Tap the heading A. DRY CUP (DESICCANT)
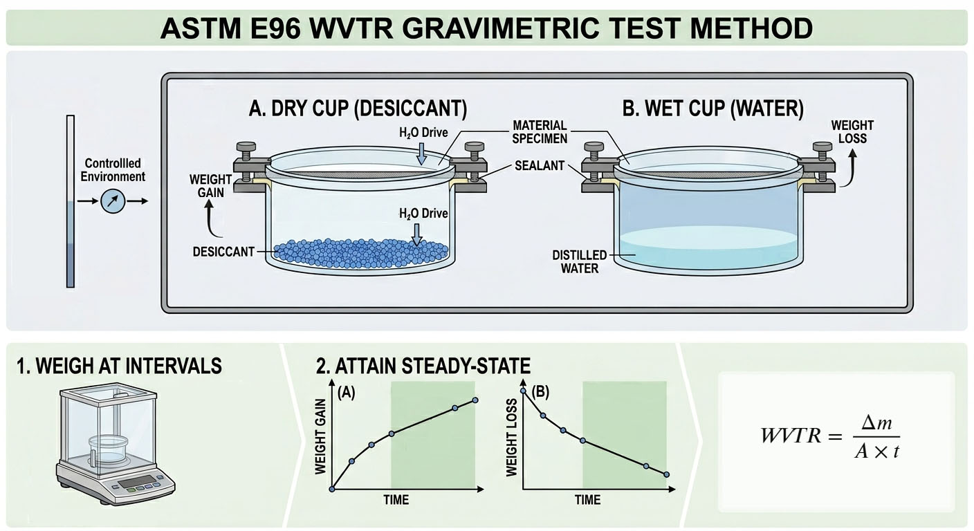[358, 108]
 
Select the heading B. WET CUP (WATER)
[713, 108]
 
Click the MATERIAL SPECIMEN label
[540, 132]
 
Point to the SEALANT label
[540, 165]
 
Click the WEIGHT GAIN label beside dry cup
[210, 186]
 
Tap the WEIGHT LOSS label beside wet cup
[852, 132]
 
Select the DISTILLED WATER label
[580, 261]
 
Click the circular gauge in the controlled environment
[113, 201]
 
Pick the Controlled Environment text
[113, 170]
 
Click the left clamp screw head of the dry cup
[246, 146]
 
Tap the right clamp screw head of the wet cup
[823, 146]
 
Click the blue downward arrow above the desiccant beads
[417, 234]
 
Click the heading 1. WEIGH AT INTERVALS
[119, 366]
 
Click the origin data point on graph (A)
[333, 490]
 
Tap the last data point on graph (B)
[667, 474]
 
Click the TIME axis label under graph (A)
[396, 500]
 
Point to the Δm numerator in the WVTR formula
[876, 423]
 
